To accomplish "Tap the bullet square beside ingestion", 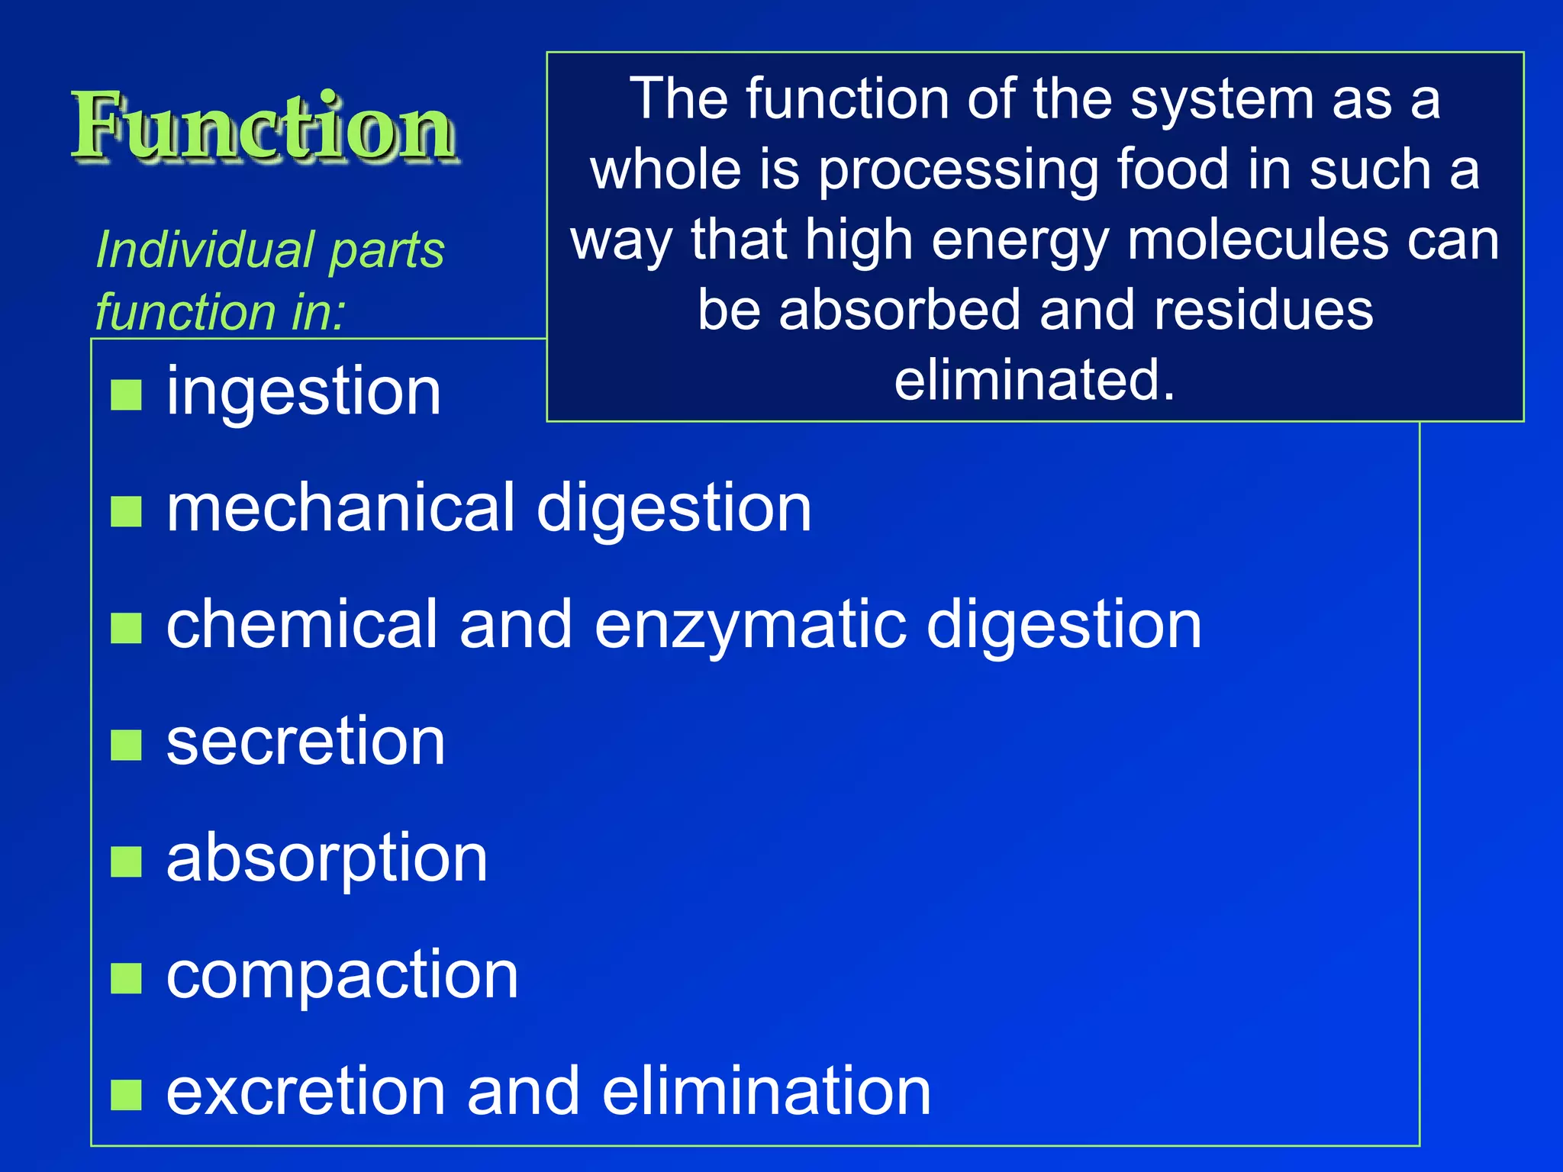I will [x=126, y=394].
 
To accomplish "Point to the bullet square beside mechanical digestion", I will [x=126, y=511].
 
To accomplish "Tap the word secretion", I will [x=305, y=742].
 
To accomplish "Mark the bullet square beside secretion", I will [x=126, y=745].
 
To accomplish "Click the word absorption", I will [x=327, y=860].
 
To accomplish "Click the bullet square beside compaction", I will [x=126, y=978].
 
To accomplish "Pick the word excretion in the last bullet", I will [x=305, y=1092].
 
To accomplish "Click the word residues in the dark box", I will [x=1263, y=311].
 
